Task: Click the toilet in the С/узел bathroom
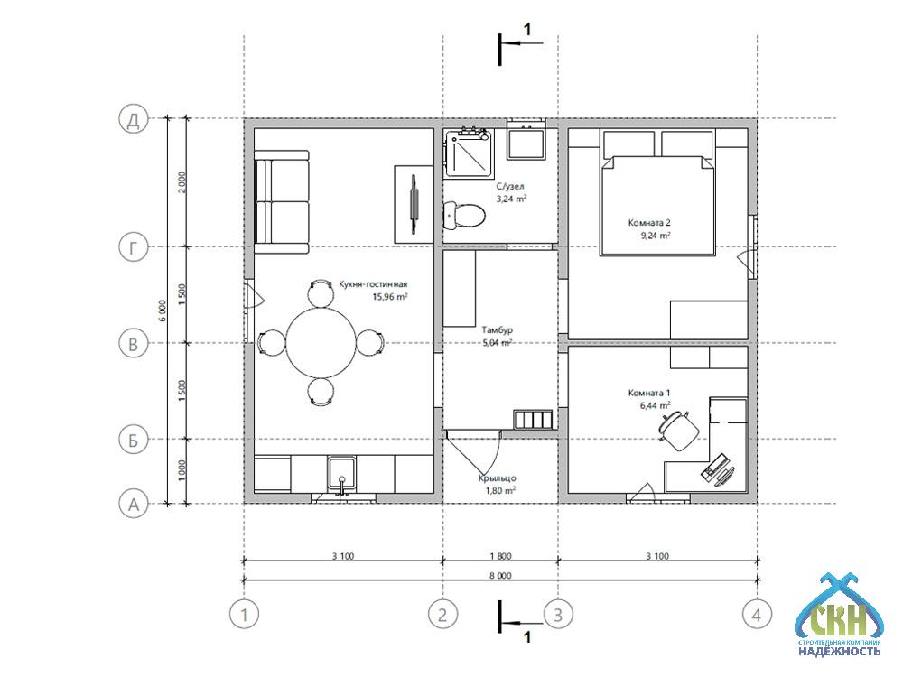(464, 216)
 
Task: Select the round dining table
(321, 344)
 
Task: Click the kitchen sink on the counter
(342, 475)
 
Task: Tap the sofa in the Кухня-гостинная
(282, 201)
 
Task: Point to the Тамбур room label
(497, 330)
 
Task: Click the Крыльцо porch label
(497, 478)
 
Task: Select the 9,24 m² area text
(656, 235)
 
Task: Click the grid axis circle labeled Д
(134, 119)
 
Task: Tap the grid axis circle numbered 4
(757, 614)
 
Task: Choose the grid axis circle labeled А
(134, 505)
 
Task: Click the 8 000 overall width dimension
(500, 575)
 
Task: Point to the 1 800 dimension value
(500, 556)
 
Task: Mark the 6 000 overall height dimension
(163, 311)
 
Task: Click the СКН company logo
(839, 615)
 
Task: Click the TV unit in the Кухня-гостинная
(414, 204)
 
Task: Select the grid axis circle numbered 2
(442, 614)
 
